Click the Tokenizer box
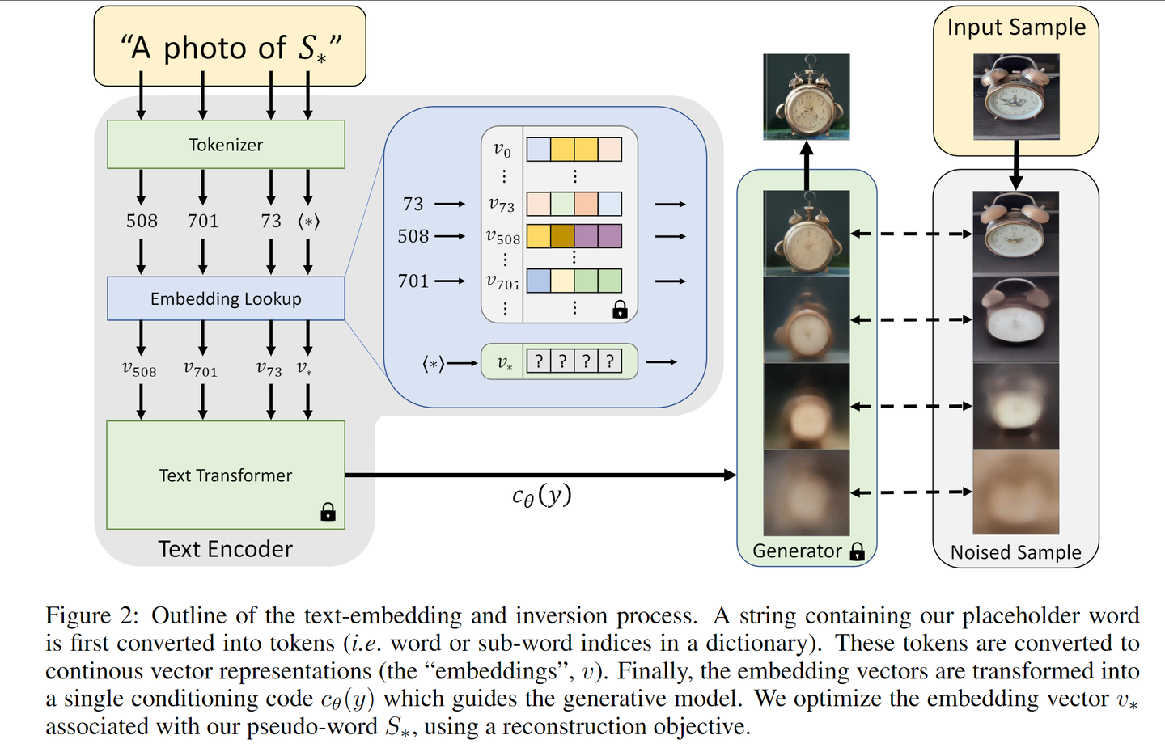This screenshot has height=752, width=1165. tap(226, 145)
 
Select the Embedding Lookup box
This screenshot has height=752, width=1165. tap(226, 298)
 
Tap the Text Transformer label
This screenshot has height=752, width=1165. tap(226, 475)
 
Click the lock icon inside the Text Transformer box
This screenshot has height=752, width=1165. tap(328, 512)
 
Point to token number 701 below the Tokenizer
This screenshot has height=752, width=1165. tap(203, 221)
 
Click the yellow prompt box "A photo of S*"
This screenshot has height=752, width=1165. tap(230, 47)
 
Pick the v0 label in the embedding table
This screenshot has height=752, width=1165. tap(502, 150)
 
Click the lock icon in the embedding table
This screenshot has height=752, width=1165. tap(620, 309)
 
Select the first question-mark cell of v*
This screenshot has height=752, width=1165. tap(539, 361)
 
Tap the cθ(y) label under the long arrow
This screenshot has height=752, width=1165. tap(542, 495)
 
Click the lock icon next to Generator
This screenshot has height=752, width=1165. tap(858, 551)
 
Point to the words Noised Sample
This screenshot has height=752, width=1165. tap(1015, 552)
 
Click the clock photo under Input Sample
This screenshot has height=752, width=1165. tap(1016, 97)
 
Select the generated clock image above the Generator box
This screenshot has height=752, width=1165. tap(807, 97)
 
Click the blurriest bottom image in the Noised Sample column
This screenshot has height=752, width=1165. tap(1015, 492)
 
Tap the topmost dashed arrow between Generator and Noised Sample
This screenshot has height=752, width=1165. tap(911, 234)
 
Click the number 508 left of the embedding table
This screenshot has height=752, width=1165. tap(413, 236)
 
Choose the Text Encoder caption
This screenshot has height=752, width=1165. tap(225, 549)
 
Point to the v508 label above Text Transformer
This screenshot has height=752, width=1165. tap(139, 370)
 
